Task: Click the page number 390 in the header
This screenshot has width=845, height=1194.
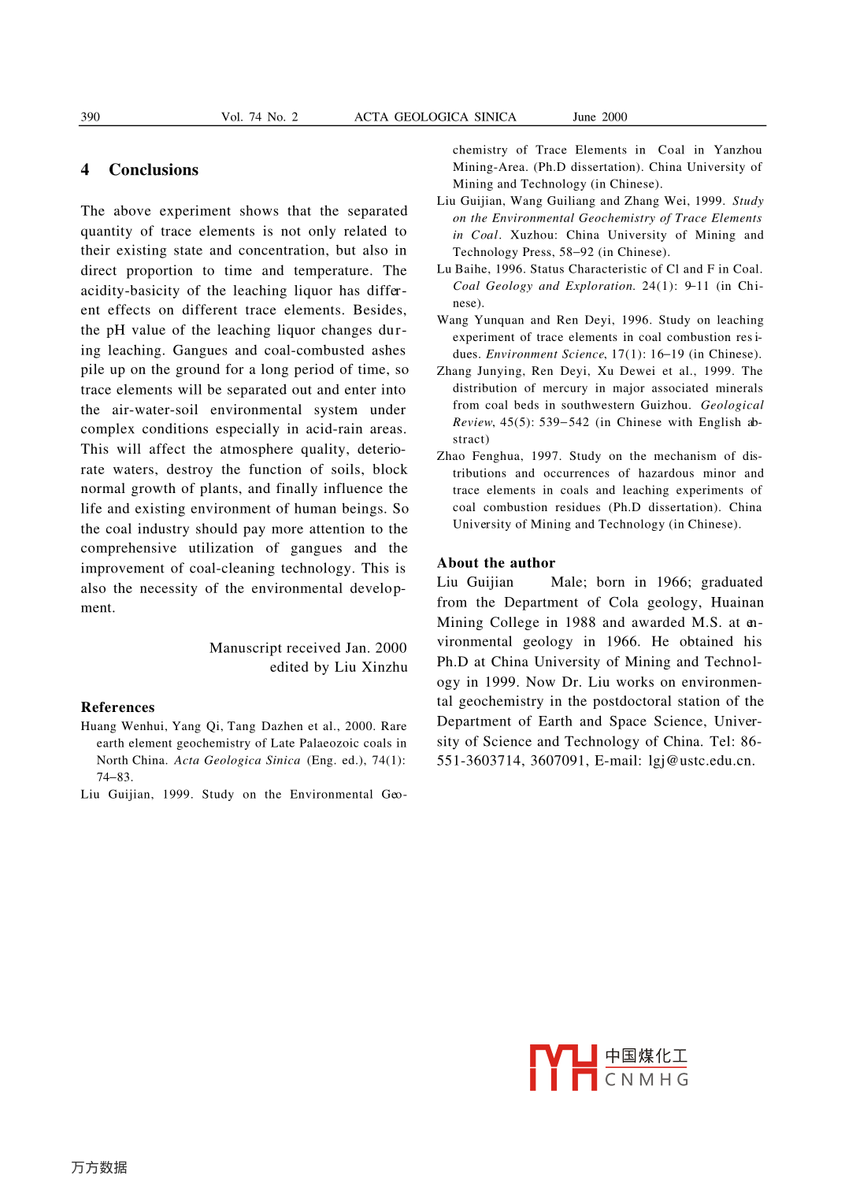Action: click(91, 117)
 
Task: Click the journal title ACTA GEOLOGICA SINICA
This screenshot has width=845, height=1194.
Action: click(435, 117)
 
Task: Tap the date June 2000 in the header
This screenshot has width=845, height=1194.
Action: click(599, 117)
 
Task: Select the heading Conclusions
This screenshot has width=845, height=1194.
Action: click(154, 170)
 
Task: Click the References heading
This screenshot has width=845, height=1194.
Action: click(117, 707)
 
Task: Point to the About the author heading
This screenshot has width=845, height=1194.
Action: click(496, 563)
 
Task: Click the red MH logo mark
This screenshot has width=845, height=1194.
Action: click(562, 1067)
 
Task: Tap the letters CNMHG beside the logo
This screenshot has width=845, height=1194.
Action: click(647, 1080)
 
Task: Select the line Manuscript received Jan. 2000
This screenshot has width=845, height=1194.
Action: click(308, 648)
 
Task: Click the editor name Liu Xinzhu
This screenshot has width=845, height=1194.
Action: click(371, 668)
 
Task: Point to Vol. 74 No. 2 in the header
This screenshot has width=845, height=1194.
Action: click(259, 117)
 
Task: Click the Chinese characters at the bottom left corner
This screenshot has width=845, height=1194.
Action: click(99, 1167)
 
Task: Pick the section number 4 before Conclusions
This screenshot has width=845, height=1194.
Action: click(85, 170)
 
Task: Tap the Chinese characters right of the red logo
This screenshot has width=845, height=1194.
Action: click(646, 1056)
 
